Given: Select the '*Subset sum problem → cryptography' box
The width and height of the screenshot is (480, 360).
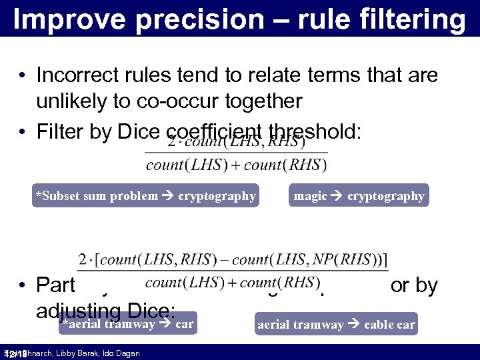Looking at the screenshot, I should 145,196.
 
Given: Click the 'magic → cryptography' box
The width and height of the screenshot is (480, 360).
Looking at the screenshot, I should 359,196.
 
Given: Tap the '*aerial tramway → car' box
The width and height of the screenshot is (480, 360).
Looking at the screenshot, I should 127,325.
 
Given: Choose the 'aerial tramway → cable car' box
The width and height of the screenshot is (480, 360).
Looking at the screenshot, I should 336,325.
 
